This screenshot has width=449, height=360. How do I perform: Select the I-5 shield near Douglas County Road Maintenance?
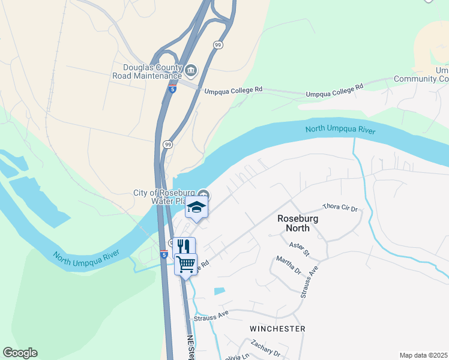coord(172,89)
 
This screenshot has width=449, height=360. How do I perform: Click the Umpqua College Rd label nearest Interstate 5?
coord(234,91)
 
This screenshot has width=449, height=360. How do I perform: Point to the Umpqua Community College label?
coord(421,75)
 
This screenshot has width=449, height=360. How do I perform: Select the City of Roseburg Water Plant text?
coord(165,197)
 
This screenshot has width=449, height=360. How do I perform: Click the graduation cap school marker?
coord(196,208)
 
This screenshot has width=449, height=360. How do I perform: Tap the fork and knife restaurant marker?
coord(184,246)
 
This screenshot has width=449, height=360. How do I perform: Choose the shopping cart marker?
coord(186,263)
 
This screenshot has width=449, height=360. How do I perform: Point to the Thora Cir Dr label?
coord(340,208)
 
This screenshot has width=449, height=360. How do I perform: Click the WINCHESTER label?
coord(277,329)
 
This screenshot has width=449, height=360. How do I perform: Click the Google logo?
coord(20,353)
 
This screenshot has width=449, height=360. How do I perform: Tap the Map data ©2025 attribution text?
coord(423,355)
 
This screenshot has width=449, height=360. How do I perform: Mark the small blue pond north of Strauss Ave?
coord(220,291)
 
